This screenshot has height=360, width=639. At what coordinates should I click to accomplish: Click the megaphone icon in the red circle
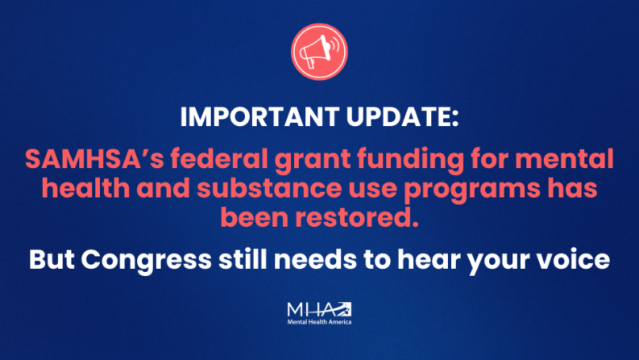[319, 52]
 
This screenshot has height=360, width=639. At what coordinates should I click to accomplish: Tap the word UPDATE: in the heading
[402, 117]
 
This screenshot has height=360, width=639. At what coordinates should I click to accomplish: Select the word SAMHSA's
[94, 158]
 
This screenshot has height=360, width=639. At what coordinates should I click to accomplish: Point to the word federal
[220, 158]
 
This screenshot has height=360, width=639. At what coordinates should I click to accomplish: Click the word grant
[312, 160]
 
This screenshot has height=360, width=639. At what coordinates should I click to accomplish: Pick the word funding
[411, 160]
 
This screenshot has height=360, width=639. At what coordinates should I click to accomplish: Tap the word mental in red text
[564, 158]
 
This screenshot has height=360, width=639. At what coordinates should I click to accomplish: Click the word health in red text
[86, 188]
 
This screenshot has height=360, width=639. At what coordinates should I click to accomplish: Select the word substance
[270, 188]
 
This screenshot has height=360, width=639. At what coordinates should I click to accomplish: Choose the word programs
[472, 190]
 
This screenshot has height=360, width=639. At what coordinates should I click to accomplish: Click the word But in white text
[52, 259]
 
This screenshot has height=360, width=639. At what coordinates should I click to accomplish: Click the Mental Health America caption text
[319, 322]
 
